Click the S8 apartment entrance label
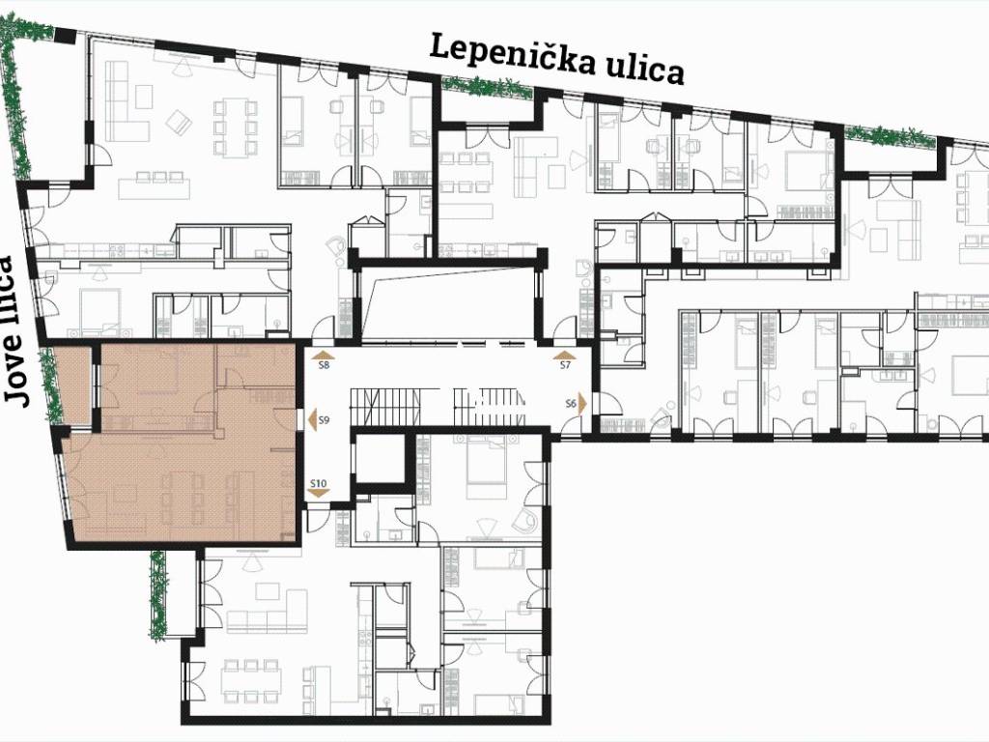tap(325, 365)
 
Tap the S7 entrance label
tap(565, 365)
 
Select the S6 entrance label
tap(571, 404)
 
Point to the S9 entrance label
tap(325, 419)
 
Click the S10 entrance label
tap(319, 484)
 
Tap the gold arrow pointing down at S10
tap(319, 494)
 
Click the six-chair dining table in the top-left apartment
tap(236, 128)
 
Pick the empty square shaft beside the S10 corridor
tap(380, 457)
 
